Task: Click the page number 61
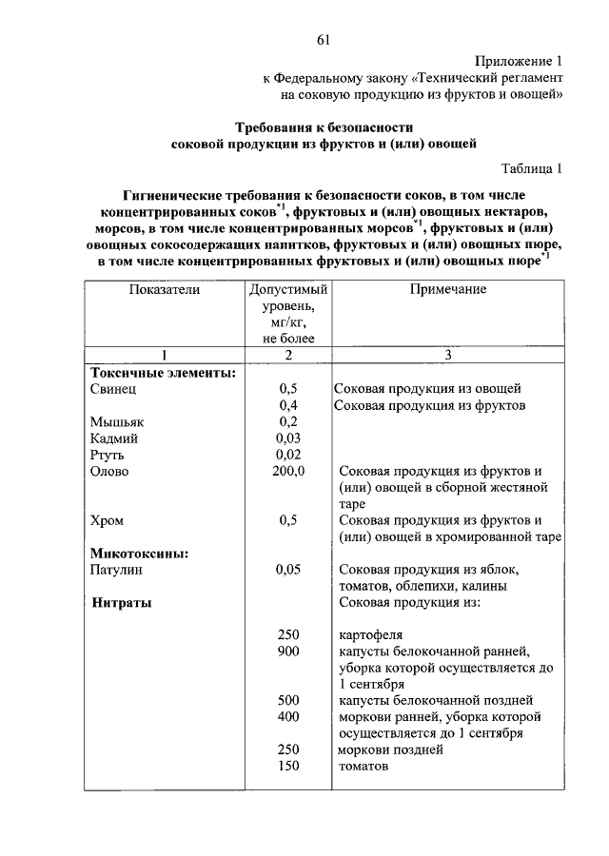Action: tap(324, 39)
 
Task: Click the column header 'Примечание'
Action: tap(448, 289)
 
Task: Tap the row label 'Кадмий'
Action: tap(115, 438)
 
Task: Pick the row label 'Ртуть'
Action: tap(108, 455)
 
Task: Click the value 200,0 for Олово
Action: tap(288, 472)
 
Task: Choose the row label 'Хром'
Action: tap(107, 521)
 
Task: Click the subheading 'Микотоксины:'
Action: tap(139, 553)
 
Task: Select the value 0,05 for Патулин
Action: tap(288, 570)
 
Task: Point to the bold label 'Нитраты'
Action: tap(123, 603)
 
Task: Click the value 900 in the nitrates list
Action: tap(288, 652)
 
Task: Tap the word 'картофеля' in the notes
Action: tap(370, 635)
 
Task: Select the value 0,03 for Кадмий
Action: tap(288, 438)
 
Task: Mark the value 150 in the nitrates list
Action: tap(288, 767)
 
